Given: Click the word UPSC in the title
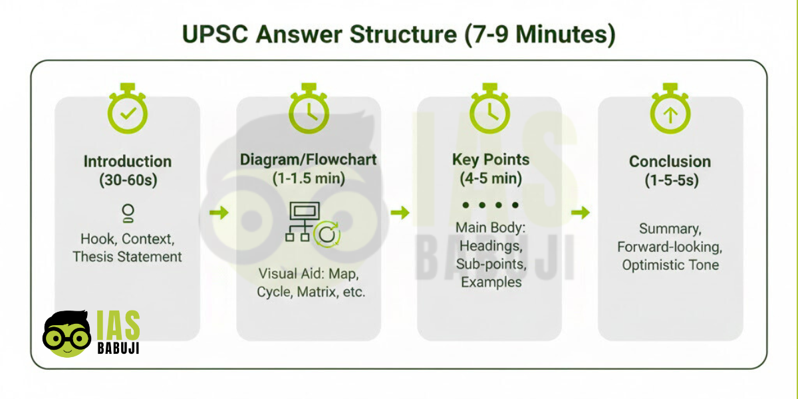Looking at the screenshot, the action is coord(215,34).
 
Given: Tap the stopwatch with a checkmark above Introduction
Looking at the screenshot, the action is coord(128,108).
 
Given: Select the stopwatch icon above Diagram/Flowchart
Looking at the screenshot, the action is coord(309,108).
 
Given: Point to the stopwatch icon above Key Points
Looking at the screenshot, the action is coord(489,108).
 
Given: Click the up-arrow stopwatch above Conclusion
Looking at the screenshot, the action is coord(670,108).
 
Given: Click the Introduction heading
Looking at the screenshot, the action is coord(128,162).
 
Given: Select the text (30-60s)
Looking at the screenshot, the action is coord(128,180).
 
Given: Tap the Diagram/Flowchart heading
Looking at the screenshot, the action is coord(308,160).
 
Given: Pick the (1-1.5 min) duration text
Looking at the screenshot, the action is coord(309,178).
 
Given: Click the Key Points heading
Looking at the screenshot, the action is coord(491,160).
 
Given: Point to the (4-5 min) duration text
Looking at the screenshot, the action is coord(491,178).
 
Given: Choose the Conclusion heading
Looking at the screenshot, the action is coord(670,162).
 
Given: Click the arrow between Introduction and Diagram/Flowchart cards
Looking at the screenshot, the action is coord(219,213).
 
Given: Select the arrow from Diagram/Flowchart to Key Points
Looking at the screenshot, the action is coord(400,213).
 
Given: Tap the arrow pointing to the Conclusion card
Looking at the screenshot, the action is coord(581,213).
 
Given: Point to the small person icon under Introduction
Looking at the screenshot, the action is coord(128,213).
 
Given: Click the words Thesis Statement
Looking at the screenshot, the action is coord(127,257).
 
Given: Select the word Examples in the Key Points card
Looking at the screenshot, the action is coord(491,282).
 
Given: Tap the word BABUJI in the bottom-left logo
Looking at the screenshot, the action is coord(118,348).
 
